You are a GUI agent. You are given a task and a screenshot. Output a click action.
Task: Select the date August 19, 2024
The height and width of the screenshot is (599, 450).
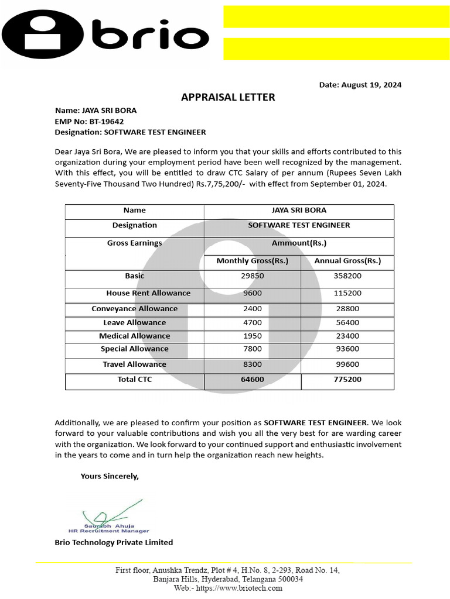(360, 85)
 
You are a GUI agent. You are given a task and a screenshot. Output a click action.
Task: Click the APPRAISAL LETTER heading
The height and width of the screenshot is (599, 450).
(228, 97)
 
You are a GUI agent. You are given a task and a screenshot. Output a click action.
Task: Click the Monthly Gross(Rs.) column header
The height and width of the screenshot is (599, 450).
(253, 261)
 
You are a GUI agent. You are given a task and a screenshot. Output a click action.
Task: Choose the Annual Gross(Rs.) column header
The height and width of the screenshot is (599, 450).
(347, 261)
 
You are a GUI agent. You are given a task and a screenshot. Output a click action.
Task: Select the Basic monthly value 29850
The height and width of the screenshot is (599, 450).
(253, 276)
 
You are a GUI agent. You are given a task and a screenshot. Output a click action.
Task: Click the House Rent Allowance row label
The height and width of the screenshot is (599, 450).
(148, 293)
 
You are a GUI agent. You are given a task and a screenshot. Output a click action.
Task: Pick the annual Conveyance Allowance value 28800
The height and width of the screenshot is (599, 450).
(347, 308)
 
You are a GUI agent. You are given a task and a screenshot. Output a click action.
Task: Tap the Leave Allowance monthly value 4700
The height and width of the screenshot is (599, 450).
(253, 322)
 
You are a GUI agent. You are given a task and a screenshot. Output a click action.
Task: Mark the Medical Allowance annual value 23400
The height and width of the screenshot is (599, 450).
(347, 336)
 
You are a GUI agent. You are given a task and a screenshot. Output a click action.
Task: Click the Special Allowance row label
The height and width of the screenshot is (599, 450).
(134, 349)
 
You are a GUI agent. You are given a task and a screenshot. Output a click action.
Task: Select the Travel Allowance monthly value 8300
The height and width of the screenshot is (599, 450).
(253, 364)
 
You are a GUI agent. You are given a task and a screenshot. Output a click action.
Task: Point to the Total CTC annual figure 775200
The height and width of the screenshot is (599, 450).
(347, 379)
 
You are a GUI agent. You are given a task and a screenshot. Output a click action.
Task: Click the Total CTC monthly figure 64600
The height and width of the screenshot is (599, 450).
(253, 379)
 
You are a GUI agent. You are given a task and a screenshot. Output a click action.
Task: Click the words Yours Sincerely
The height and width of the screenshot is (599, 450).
(110, 476)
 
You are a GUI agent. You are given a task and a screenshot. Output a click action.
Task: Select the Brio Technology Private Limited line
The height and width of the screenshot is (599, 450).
(114, 542)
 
